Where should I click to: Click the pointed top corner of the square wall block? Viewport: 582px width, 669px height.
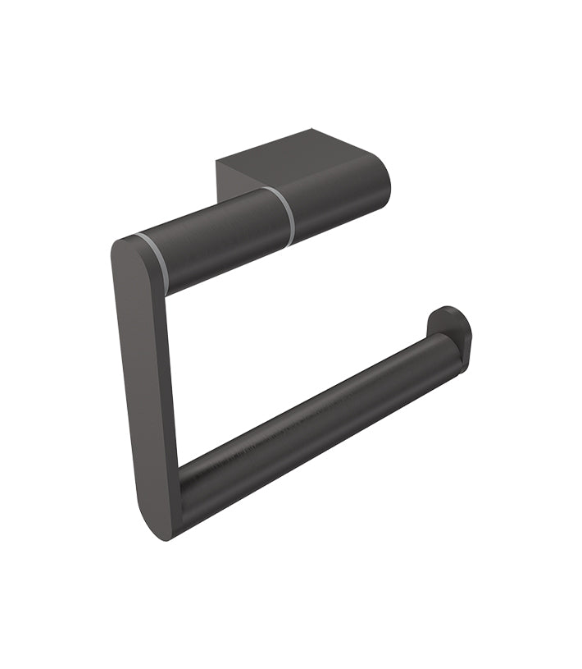312,130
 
